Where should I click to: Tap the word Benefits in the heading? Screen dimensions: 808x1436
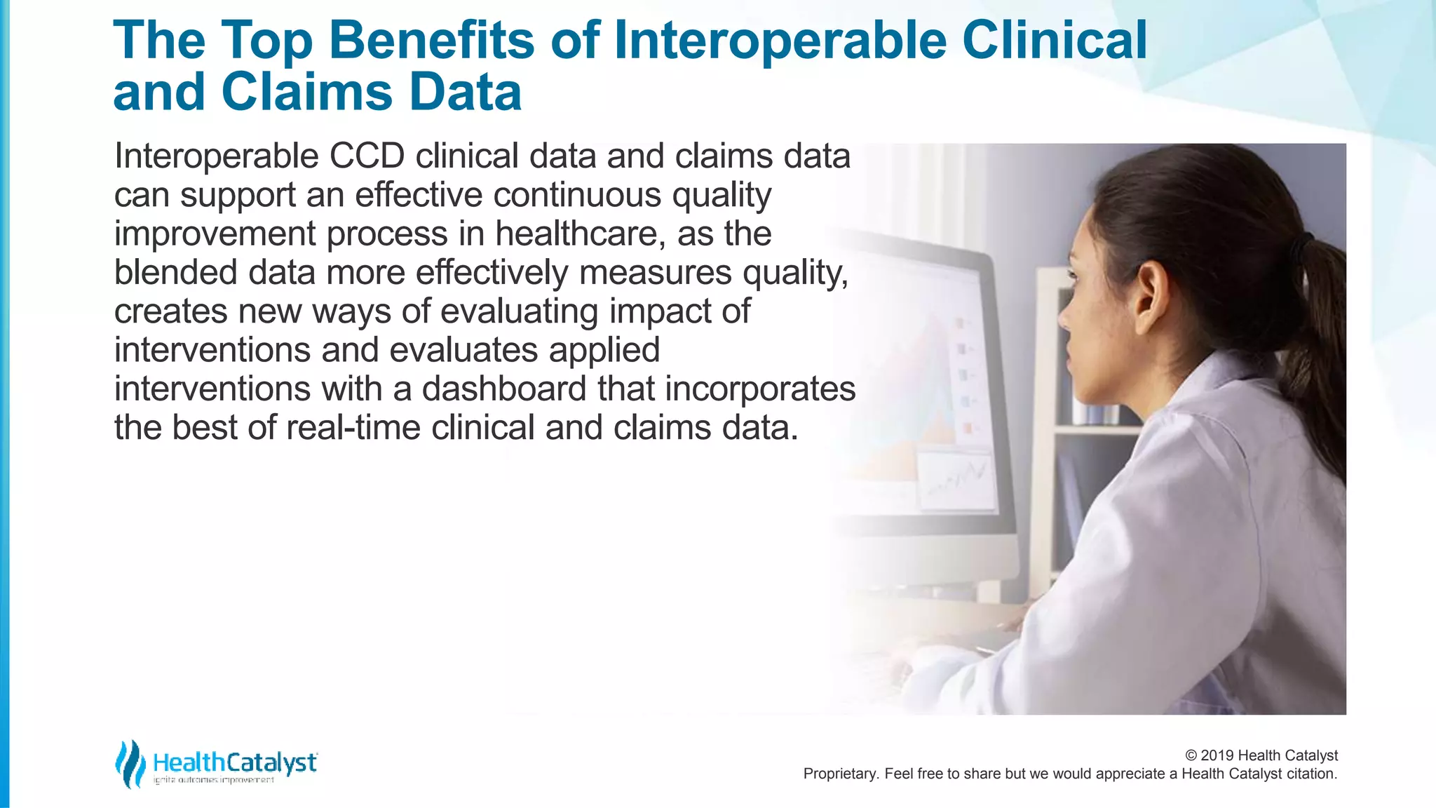(431, 40)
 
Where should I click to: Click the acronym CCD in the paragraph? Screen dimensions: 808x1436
(367, 156)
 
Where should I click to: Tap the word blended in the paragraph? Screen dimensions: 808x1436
(176, 272)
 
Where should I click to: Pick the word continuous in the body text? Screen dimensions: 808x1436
(576, 195)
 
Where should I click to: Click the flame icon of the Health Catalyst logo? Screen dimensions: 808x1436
(129, 763)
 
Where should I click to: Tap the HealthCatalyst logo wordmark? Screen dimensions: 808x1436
(234, 762)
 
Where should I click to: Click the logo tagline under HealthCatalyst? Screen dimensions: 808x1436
(213, 780)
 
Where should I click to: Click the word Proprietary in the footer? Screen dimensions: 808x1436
(839, 774)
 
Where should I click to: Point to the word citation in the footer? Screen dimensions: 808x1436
(1310, 774)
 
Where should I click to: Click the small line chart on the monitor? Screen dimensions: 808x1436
(956, 480)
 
